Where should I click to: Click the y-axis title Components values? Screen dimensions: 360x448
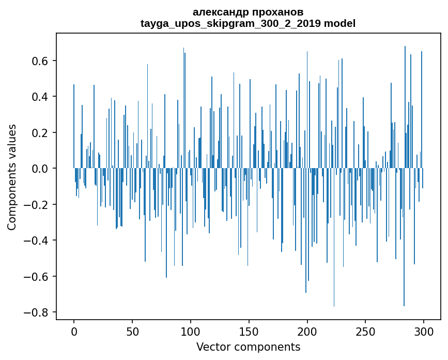point(11,177)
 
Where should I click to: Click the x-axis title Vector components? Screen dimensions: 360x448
point(248,347)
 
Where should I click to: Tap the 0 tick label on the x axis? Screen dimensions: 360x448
point(74,331)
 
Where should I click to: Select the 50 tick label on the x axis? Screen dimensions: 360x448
point(132,331)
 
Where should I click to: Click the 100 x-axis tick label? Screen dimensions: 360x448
point(191,331)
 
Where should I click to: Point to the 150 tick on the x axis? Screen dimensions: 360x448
point(249,331)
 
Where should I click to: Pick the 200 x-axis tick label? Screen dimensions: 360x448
point(307,331)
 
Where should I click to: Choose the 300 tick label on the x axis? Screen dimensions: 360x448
point(424,331)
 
